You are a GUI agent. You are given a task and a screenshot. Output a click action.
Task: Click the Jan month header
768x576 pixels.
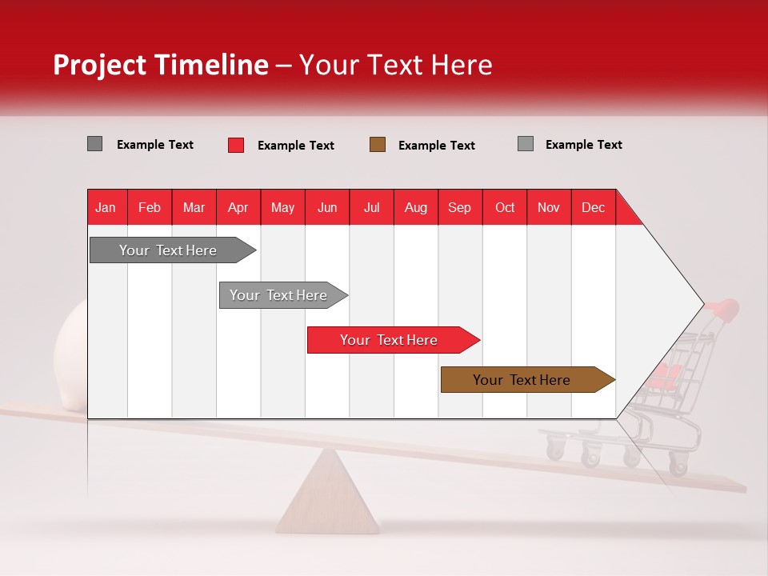point(106,208)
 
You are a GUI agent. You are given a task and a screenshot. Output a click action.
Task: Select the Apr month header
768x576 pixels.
point(238,208)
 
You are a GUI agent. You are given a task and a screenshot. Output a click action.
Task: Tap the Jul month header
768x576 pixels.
point(372,208)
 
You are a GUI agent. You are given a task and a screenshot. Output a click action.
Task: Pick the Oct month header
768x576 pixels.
point(505,208)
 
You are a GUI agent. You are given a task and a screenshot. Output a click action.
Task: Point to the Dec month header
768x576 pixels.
point(593,208)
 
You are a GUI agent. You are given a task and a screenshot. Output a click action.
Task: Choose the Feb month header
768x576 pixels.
point(150,208)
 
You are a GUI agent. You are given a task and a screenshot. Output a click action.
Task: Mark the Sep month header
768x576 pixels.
point(459,208)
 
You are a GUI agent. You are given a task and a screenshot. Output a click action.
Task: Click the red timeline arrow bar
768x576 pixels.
point(394,340)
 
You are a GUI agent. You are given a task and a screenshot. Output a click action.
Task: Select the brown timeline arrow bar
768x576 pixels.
point(528,379)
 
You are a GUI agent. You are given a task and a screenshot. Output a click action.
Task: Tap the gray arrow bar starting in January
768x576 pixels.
point(173,250)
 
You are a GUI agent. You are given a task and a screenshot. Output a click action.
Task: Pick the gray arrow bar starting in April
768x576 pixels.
point(283,295)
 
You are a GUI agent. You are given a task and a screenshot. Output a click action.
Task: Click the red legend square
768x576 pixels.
point(236,145)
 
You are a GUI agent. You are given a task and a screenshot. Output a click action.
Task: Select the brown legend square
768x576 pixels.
point(377,145)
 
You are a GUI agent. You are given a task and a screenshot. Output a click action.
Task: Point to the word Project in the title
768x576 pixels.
point(99,66)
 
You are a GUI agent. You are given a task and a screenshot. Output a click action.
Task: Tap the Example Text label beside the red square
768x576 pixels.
point(296,146)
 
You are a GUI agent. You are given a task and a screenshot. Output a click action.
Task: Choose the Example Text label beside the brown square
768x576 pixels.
point(437,146)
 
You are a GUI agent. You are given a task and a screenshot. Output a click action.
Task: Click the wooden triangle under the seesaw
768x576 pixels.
point(327,491)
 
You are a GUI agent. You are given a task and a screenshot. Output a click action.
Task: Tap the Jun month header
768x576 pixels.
point(327,208)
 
